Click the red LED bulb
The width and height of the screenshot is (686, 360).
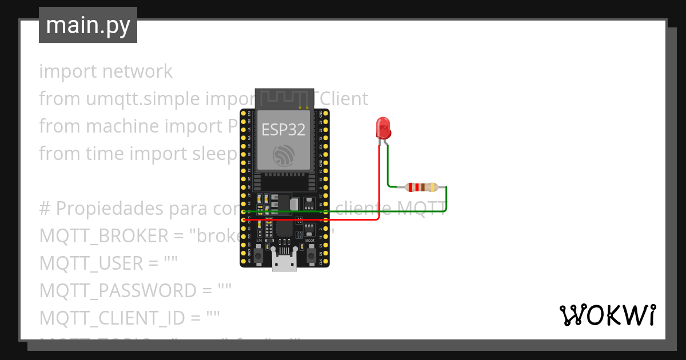click(x=383, y=127)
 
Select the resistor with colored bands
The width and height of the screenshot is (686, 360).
click(x=421, y=187)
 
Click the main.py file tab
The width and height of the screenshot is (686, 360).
click(x=88, y=25)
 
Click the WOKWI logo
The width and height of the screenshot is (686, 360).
click(x=607, y=315)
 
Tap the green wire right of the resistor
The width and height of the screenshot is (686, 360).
click(x=446, y=200)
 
